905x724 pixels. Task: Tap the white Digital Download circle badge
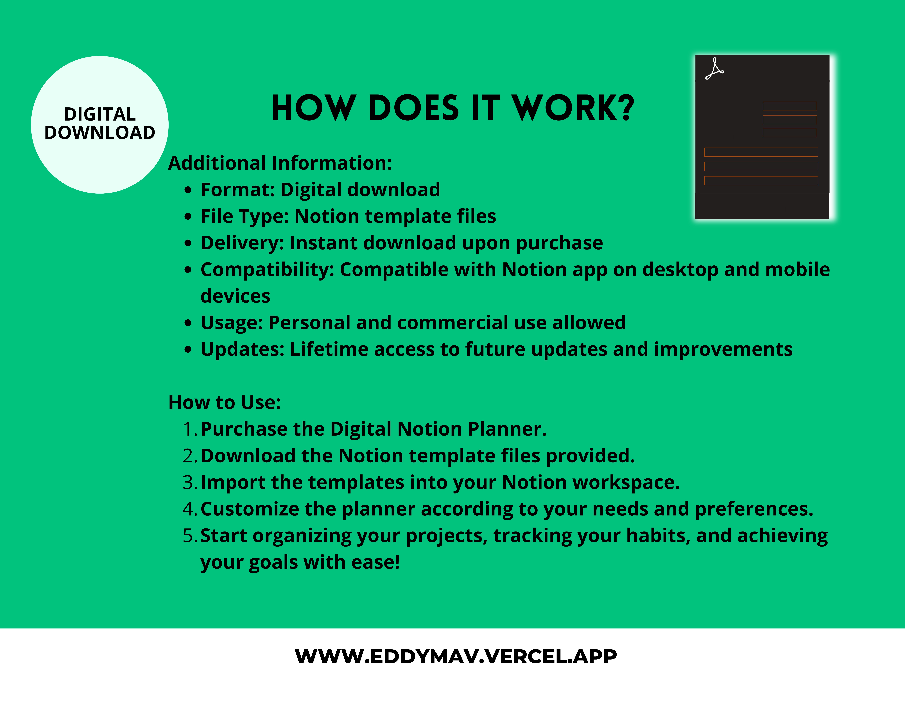(x=100, y=125)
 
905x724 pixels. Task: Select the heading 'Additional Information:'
(x=280, y=163)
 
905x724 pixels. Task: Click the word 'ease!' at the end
(x=376, y=562)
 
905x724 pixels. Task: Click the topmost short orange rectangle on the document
(x=790, y=106)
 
